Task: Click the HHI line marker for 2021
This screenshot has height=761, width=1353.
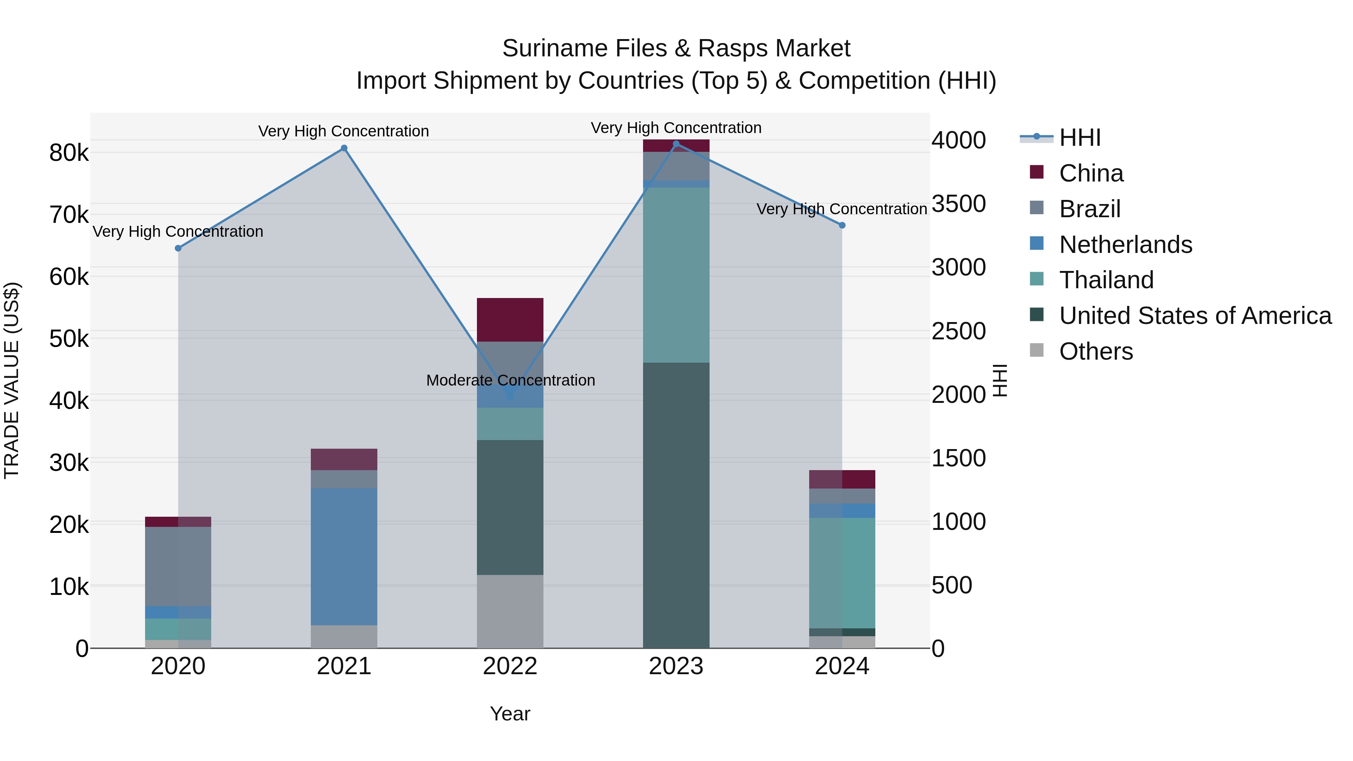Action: click(344, 148)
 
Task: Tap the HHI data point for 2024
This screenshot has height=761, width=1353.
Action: click(842, 225)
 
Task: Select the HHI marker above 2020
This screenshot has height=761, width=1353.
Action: click(178, 248)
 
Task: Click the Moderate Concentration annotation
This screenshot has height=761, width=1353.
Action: click(510, 380)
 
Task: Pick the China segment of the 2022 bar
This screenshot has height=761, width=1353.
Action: click(510, 320)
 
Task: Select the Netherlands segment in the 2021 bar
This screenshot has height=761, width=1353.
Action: click(344, 557)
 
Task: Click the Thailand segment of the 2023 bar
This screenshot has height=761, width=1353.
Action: click(676, 275)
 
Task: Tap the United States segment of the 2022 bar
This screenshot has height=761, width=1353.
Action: click(510, 507)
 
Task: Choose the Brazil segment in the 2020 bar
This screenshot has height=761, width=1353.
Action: click(178, 566)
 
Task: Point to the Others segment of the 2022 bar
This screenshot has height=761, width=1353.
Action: click(510, 611)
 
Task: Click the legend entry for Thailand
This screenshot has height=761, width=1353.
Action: click(1106, 280)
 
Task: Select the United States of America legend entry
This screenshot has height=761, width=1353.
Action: click(1195, 316)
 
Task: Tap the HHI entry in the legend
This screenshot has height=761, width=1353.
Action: click(1079, 138)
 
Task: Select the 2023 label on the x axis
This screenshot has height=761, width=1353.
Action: click(676, 666)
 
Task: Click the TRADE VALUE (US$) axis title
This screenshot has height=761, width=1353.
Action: click(12, 380)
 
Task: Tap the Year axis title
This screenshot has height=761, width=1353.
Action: click(510, 714)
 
